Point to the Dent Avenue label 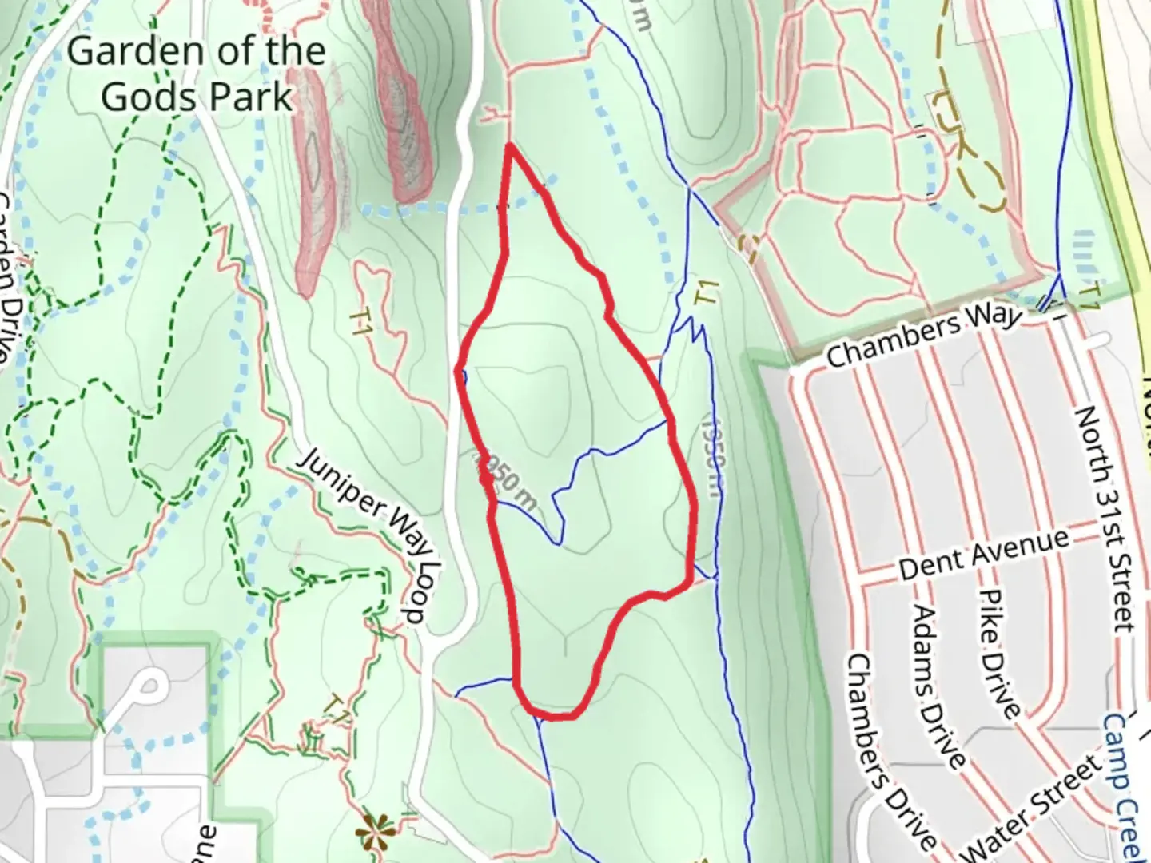[983, 555]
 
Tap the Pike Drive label [999, 654]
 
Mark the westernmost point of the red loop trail [457, 371]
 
